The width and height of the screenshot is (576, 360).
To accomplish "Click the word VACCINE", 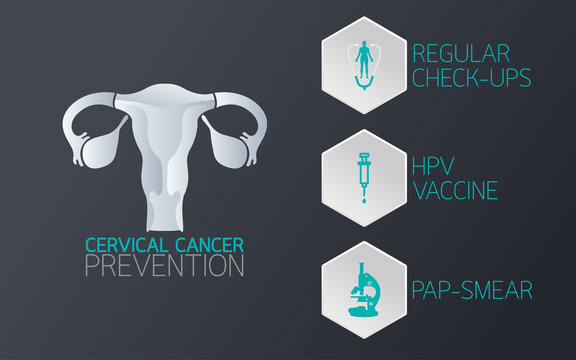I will pyautogui.click(x=454, y=190).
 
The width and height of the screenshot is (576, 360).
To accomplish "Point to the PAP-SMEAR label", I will pyautogui.click(x=472, y=290).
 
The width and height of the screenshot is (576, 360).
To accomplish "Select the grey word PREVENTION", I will pyautogui.click(x=164, y=267).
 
